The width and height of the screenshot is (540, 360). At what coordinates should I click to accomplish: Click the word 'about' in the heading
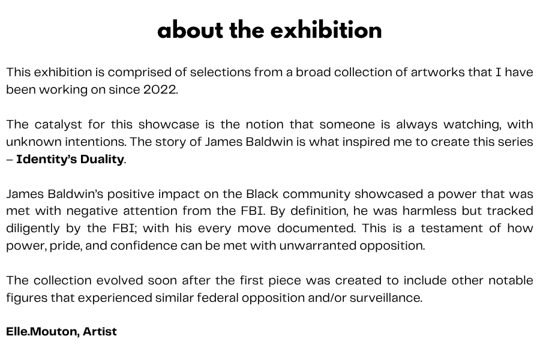(190, 30)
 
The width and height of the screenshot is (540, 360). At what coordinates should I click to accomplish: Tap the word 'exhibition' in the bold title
(326, 30)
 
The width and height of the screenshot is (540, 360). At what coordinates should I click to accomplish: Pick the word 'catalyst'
(58, 124)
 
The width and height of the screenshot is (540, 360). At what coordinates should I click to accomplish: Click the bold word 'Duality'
(102, 160)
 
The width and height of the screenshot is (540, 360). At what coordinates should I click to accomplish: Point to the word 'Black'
(262, 194)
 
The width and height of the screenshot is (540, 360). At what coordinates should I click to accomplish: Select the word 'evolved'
(119, 280)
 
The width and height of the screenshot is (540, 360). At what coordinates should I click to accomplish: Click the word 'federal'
(218, 298)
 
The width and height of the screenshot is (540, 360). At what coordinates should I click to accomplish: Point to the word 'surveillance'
(386, 298)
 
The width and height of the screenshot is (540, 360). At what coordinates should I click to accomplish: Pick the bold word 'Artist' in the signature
(100, 331)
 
